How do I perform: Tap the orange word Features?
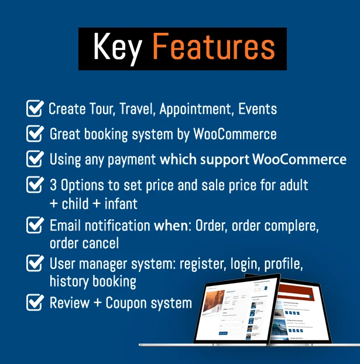click(214, 48)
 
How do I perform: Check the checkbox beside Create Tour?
click(35, 108)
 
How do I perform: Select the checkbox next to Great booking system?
click(35, 134)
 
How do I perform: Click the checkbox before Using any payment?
click(35, 159)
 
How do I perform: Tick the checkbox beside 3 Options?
click(35, 185)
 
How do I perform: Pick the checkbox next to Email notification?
click(35, 224)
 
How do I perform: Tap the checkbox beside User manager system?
click(35, 263)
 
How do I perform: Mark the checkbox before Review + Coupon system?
click(35, 302)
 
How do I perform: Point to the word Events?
click(255, 109)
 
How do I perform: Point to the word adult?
click(293, 186)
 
